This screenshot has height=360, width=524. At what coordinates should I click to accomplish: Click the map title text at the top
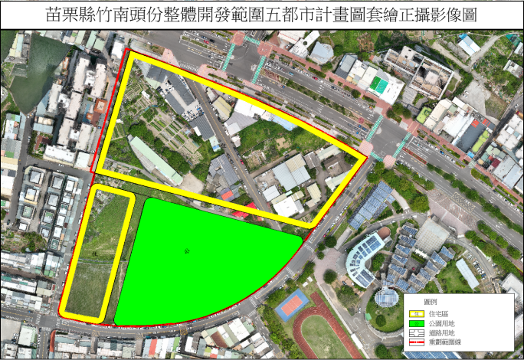[x=261, y=15]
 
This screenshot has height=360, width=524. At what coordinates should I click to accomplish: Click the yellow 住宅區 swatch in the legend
[x=418, y=313]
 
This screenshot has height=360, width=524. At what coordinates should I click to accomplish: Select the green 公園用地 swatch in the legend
[x=418, y=323]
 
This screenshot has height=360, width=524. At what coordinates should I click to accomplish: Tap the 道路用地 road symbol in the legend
[x=418, y=334]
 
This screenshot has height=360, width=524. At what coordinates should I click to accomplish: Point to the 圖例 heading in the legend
[x=430, y=302]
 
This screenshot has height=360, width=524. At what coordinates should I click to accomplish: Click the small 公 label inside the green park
[x=186, y=250]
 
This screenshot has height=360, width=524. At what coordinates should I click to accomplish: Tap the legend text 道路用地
[x=444, y=334]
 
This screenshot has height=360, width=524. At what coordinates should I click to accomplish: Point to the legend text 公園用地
[x=444, y=323]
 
